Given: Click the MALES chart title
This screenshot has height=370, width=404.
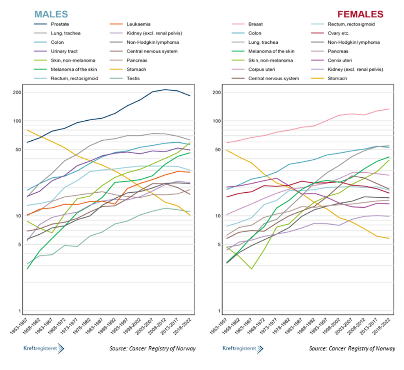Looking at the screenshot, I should click(51, 14).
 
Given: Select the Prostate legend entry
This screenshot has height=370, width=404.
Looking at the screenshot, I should click(60, 24).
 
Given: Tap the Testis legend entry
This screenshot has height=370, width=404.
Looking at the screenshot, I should click(133, 78).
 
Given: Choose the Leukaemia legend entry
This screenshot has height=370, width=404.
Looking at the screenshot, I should click(138, 24).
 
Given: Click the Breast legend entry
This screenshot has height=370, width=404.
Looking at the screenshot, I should click(255, 24).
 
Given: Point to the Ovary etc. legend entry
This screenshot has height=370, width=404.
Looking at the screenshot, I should click(338, 33).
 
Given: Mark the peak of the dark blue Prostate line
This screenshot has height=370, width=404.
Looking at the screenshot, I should click(165, 89).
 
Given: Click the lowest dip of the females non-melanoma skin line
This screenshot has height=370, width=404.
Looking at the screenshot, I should click(251, 269).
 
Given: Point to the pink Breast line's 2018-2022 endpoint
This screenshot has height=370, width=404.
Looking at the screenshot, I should click(389, 109).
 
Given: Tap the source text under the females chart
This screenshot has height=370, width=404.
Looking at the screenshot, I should click(352, 348).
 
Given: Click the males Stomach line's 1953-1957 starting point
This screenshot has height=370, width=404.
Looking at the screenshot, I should click(27, 130).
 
